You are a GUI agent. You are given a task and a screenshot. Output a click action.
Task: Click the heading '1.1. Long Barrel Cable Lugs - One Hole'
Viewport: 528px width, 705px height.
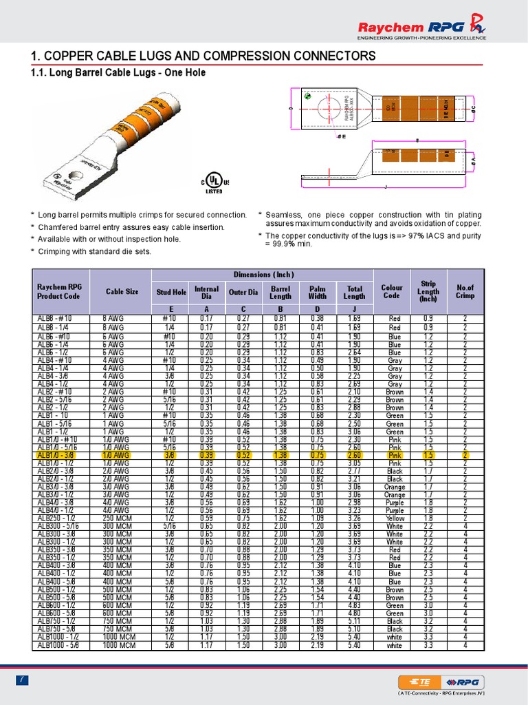[118, 72]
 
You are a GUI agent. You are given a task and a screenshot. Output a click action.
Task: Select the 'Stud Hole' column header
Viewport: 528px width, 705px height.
[170, 291]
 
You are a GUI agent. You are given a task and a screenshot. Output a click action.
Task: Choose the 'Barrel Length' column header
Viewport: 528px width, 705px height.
[280, 291]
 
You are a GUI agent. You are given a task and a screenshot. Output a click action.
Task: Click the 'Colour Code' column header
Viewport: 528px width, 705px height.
[391, 291]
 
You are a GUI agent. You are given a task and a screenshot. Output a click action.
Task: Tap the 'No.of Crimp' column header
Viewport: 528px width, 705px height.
[465, 291]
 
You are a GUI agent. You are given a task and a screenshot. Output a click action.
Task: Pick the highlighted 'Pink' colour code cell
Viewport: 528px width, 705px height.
[395, 456]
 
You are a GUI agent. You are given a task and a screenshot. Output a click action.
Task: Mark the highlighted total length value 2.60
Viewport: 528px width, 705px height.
[354, 456]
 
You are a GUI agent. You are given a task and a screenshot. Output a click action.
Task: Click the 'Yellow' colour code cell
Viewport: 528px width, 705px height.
[395, 518]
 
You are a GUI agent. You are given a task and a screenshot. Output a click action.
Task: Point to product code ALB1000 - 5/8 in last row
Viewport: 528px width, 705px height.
[61, 646]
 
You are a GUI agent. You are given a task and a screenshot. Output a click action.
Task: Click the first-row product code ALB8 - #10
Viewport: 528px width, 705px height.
[56, 319]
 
